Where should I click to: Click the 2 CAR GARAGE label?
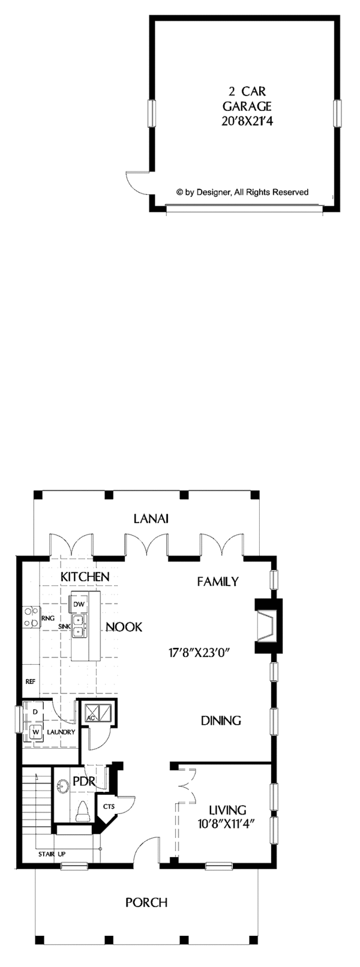pos(247,99)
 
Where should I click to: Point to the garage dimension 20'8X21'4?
pos(247,121)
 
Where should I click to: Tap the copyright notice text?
pos(242,192)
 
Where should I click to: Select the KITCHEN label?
pos(85,576)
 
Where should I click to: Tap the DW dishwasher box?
pos(79,603)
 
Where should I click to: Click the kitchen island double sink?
pos(79,626)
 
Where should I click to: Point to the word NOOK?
pos(124,627)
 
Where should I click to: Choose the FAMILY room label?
pos(218,581)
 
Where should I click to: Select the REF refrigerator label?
pos(29,682)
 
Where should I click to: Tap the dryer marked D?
pos(35,711)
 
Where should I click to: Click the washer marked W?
pos(35,731)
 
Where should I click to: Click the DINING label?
pos(221,720)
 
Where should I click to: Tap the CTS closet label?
pos(109,806)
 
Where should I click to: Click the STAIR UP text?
pos(52,853)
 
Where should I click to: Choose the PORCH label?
pos(146,902)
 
